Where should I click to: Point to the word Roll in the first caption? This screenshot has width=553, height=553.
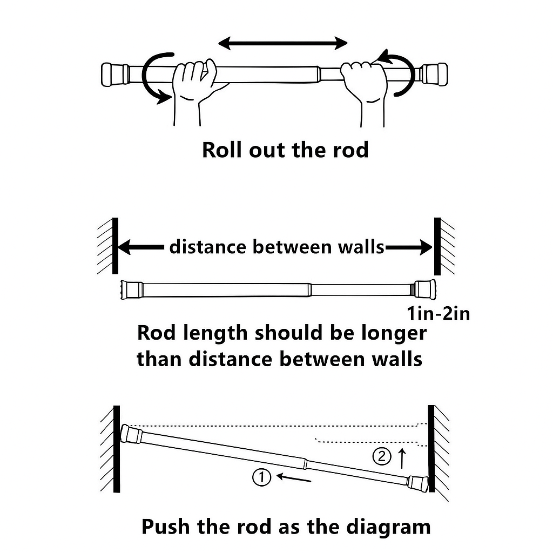point(222,150)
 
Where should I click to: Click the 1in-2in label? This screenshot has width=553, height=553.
point(438,313)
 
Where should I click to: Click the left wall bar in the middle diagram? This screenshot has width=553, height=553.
point(116,246)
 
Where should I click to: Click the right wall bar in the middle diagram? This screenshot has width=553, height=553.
point(437,246)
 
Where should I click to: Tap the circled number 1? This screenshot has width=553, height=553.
point(261,477)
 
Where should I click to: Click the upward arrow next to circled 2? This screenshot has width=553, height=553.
point(401,458)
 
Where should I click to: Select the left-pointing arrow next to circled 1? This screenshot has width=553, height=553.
point(294,477)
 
